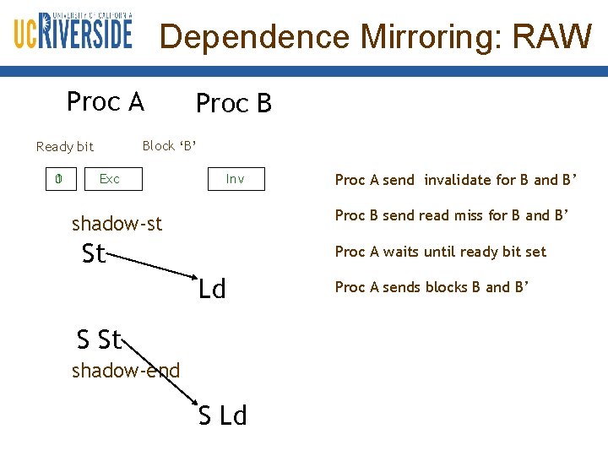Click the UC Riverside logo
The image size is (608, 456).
coord(73,31)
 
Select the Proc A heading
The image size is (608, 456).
coord(106,102)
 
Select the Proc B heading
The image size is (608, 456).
coord(234,104)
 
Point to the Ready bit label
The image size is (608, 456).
coord(65,147)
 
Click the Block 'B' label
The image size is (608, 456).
coord(170,146)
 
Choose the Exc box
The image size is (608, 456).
coord(110,179)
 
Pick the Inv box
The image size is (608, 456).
coord(236,179)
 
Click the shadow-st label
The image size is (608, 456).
coord(117,224)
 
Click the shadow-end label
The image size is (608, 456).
coord(126,370)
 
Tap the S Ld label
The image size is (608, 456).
coord(223,415)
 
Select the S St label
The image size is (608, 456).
coord(99,339)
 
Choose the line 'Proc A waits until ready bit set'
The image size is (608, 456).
coord(440,252)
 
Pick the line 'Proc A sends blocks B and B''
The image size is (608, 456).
coord(432,287)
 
